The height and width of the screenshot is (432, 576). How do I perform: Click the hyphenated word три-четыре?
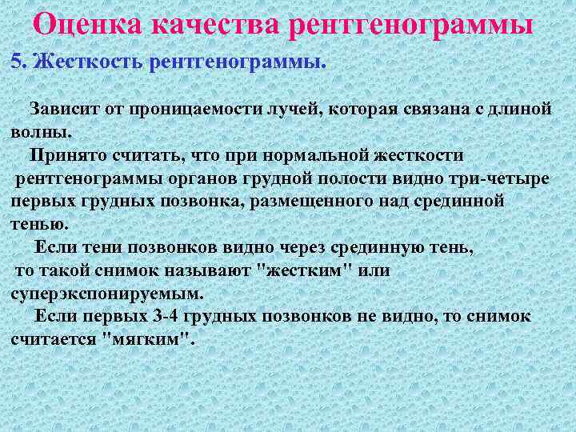coord(502,178)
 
